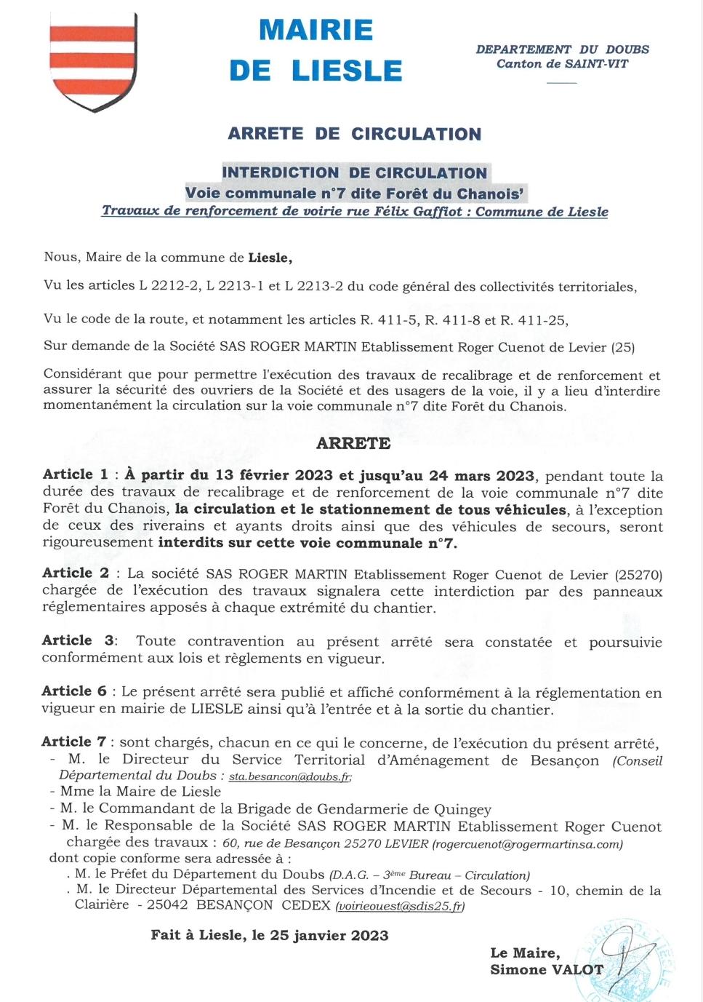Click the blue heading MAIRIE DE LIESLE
pyautogui.click(x=316, y=50)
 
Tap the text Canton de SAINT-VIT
pyautogui.click(x=562, y=64)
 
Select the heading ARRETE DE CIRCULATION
pyautogui.click(x=355, y=134)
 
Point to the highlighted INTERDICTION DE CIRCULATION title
pyautogui.click(x=355, y=173)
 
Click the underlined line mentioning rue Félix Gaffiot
pyautogui.click(x=355, y=212)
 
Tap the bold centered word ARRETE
pyautogui.click(x=353, y=443)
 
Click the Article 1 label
pyautogui.click(x=76, y=474)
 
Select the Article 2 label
pyautogui.click(x=76, y=573)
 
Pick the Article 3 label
pyautogui.click(x=78, y=640)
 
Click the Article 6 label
pyautogui.click(x=74, y=691)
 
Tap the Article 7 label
pyautogui.click(x=74, y=741)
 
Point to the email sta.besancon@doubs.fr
pyautogui.click(x=289, y=777)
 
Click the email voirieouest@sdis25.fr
pyautogui.click(x=400, y=907)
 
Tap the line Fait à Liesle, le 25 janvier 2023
pyautogui.click(x=270, y=936)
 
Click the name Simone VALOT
pyautogui.click(x=547, y=969)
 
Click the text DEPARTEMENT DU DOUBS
pyautogui.click(x=562, y=49)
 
